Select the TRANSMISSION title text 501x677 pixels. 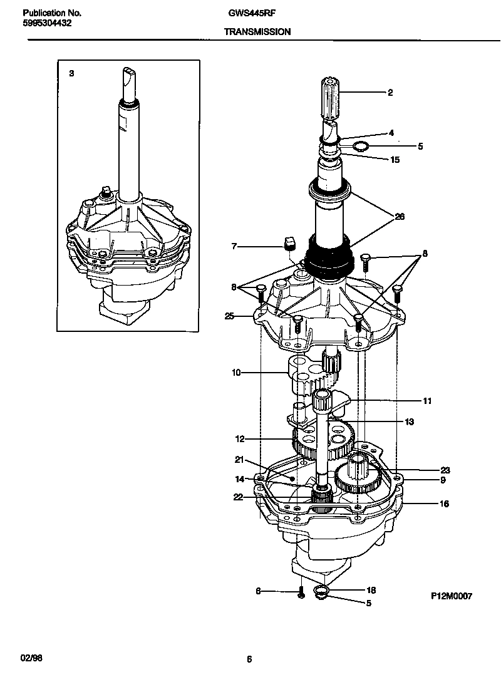click(x=258, y=31)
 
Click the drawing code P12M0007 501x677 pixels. click(x=451, y=596)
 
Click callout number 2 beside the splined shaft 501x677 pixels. click(x=390, y=93)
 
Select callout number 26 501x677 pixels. click(x=400, y=217)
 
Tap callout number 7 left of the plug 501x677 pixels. click(x=234, y=247)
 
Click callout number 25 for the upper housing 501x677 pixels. click(x=229, y=317)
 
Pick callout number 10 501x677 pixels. click(x=236, y=373)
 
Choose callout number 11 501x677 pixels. click(x=427, y=401)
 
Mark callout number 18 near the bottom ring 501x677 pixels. click(x=371, y=590)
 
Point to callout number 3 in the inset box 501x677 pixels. click(x=71, y=73)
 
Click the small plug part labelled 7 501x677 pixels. click(x=289, y=242)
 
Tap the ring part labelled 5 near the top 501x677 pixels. click(x=359, y=147)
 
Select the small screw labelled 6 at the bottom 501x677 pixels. click(x=301, y=592)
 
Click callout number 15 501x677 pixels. click(x=395, y=160)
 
